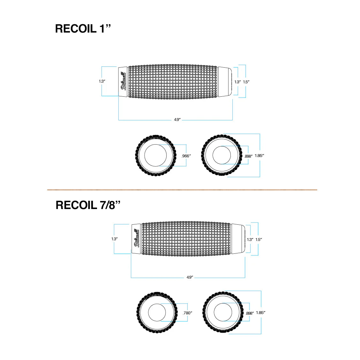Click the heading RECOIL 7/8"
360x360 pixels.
click(88, 205)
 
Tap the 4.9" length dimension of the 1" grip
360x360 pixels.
click(177, 120)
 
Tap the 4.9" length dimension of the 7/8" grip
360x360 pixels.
click(190, 277)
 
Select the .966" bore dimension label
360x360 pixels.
click(186, 156)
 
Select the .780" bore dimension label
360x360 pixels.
click(187, 313)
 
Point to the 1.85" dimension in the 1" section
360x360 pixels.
click(259, 156)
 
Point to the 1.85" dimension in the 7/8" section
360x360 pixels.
click(260, 313)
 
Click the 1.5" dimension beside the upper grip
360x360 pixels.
click(246, 82)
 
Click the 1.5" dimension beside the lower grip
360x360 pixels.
click(259, 239)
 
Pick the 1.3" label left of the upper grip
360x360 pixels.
click(102, 81)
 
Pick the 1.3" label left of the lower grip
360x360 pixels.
click(115, 239)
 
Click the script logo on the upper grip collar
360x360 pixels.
click(123, 81)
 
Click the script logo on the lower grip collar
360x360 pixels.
click(136, 238)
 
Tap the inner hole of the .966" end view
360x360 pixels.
click(155, 155)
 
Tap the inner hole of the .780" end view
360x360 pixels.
click(157, 312)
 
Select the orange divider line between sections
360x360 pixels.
click(182, 190)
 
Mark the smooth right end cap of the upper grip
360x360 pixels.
click(225, 81)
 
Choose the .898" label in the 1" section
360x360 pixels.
click(248, 156)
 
